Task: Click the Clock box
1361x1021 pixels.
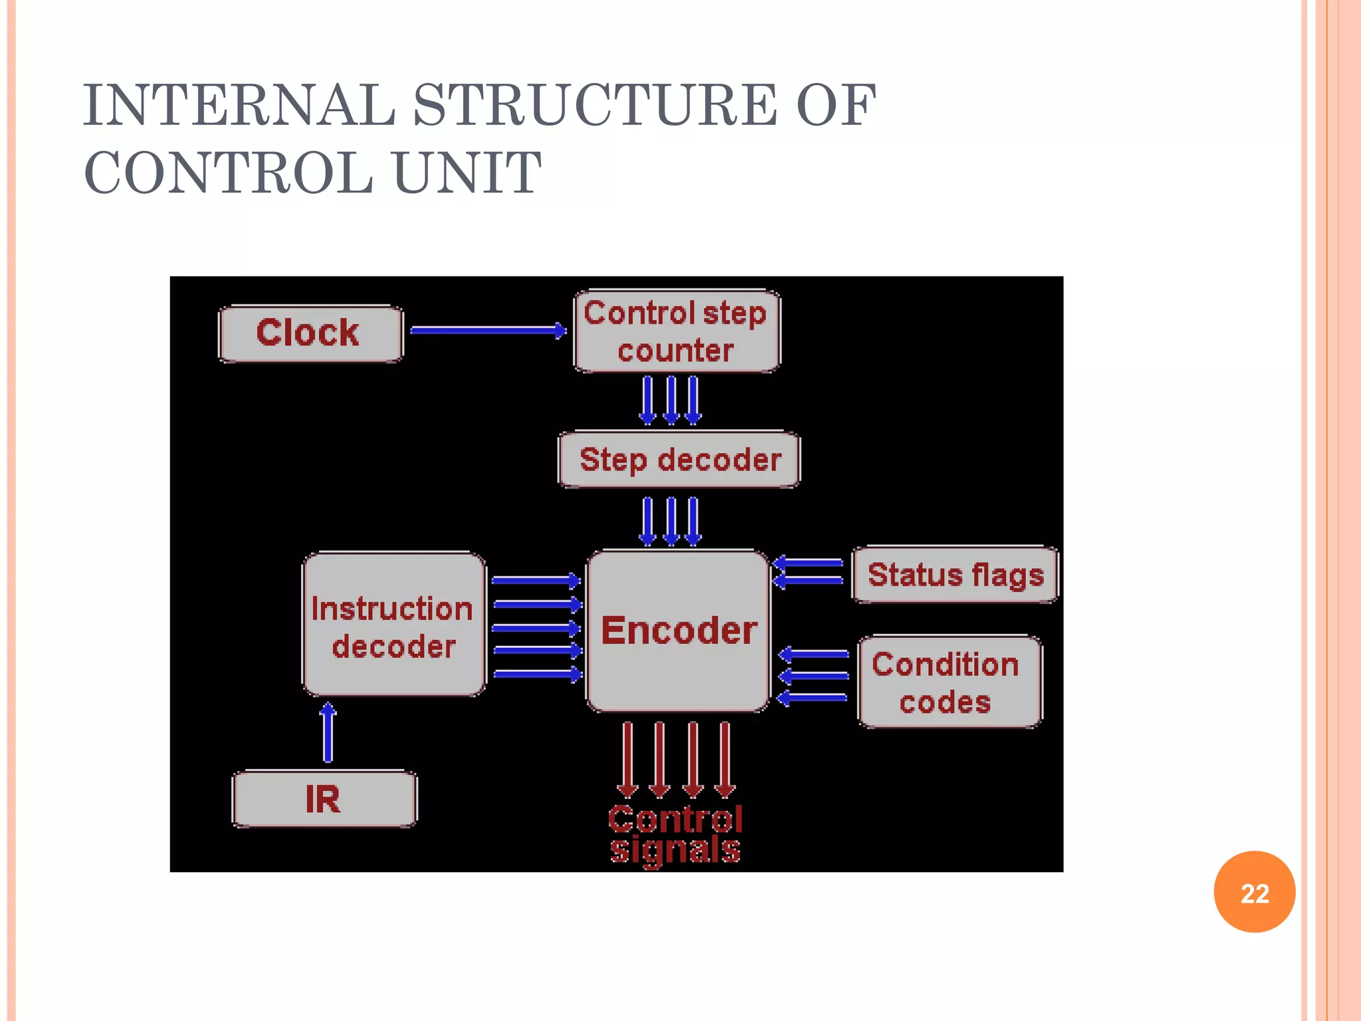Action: point(310,333)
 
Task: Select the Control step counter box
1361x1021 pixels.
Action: point(677,331)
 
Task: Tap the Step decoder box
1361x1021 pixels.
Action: point(679,459)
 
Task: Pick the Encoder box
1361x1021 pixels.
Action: point(678,630)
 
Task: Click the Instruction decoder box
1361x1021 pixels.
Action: point(394,625)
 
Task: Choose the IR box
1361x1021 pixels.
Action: point(324,798)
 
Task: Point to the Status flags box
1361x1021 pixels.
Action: point(955,575)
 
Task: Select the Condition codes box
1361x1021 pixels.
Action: point(949,682)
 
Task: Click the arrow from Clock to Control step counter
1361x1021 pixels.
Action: point(488,330)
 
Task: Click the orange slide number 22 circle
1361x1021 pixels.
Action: point(1254,892)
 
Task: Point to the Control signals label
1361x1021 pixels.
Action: point(675,834)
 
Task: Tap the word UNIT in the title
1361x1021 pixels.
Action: point(467,173)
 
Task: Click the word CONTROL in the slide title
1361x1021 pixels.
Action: point(229,173)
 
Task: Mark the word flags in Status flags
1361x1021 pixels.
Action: point(1008,576)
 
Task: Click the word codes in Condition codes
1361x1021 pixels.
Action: point(945,702)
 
